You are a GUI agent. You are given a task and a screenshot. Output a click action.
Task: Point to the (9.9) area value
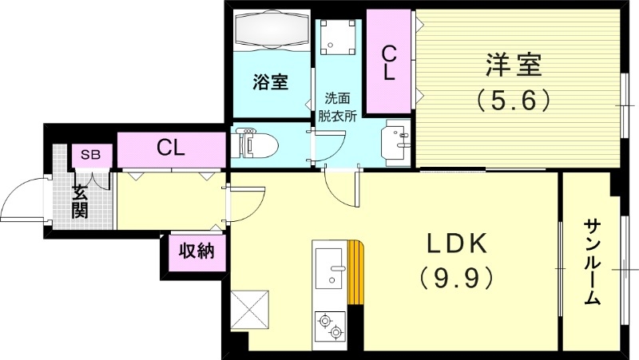pyautogui.click(x=454, y=278)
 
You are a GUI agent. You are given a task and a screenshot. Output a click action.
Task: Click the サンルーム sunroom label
pyautogui.click(x=592, y=262)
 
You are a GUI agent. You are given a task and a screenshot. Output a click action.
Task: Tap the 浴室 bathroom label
pyautogui.click(x=270, y=81)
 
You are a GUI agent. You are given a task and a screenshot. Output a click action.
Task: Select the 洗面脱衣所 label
pyautogui.click(x=336, y=105)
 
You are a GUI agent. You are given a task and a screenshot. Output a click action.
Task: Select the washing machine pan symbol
pyautogui.click(x=335, y=35)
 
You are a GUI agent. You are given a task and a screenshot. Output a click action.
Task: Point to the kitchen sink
pyautogui.click(x=329, y=268)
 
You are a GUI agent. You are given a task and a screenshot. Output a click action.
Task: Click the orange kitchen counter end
pyautogui.click(x=355, y=274)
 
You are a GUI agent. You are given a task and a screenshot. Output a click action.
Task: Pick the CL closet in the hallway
pyautogui.click(x=171, y=148)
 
